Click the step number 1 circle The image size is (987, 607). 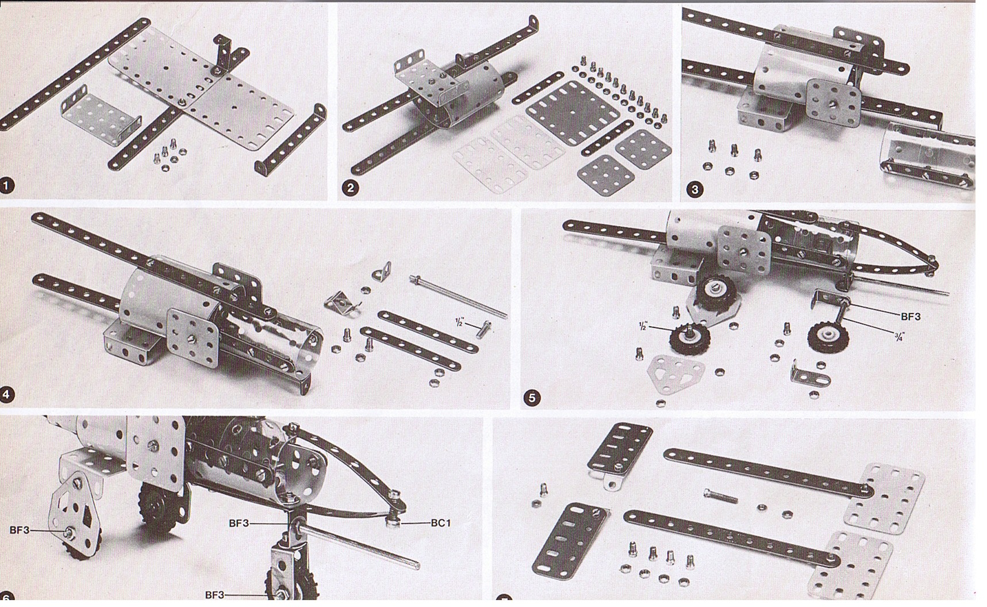pos(7,186)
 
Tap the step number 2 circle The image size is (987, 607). pos(350,188)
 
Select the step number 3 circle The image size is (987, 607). pos(695,190)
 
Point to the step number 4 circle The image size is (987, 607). pos(7,395)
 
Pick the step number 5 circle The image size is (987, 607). pos(532,398)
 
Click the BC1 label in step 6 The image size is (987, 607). pos(441,523)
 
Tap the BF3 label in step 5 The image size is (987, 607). pos(911,316)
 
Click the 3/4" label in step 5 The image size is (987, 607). pos(900,337)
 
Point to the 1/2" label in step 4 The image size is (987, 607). pos(459,322)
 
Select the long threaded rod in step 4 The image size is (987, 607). pos(458,296)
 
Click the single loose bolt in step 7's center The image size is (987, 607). pos(722,495)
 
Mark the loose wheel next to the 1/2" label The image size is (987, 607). pos(689,340)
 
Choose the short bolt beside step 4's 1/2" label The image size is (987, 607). pos(483,329)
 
